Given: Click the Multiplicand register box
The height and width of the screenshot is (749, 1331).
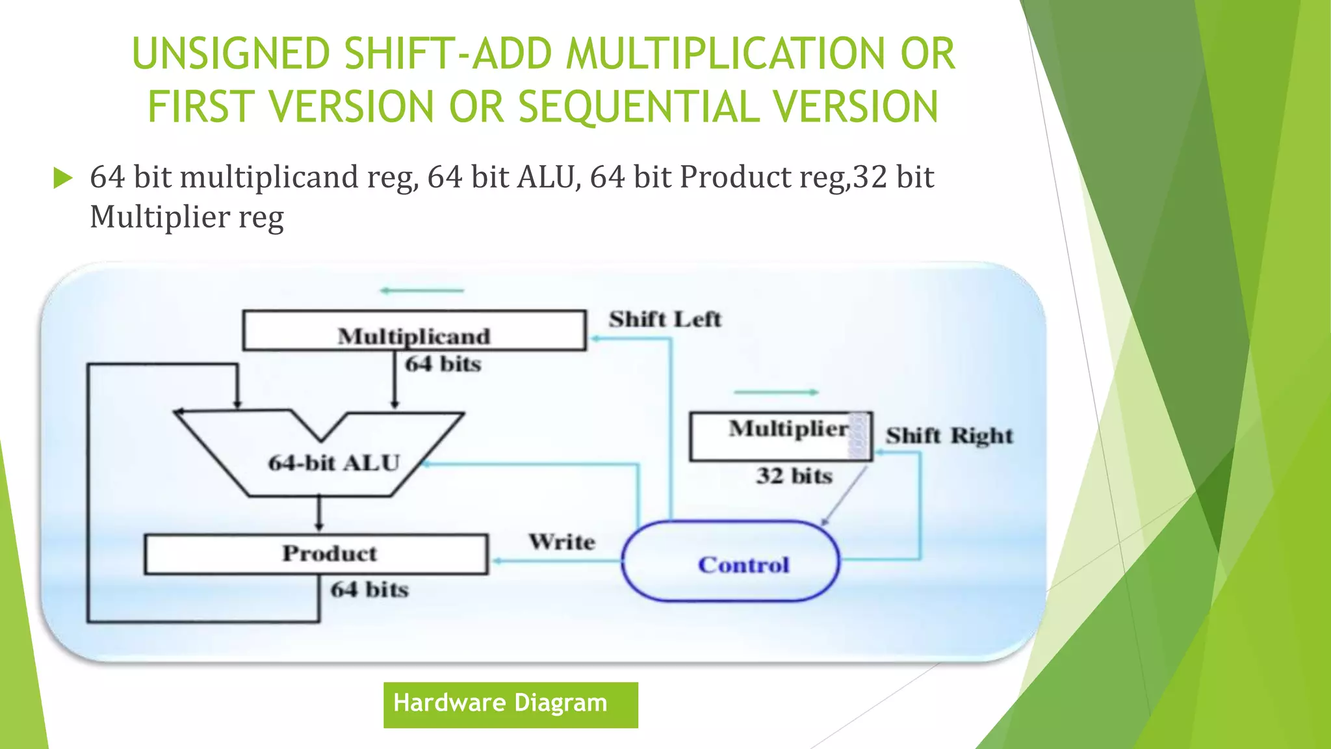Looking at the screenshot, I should point(414,330).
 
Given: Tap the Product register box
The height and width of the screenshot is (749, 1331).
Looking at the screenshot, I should point(316,554).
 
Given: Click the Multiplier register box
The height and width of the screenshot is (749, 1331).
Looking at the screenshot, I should point(780,436).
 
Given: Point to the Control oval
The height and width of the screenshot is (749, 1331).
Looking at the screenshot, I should point(730,561).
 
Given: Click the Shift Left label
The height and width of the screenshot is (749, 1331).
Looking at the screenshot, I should point(665,319).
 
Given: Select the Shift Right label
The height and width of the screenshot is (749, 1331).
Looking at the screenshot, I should point(949,436).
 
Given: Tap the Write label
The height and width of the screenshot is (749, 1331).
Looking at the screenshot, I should point(562,542).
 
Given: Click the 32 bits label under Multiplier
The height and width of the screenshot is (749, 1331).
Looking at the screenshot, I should point(794,476).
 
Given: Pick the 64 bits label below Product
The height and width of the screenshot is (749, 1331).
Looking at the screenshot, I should point(369,590).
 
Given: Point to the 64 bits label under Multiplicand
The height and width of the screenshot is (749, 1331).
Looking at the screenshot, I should point(443,364).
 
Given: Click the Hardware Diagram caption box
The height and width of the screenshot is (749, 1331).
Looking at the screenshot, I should point(510,705).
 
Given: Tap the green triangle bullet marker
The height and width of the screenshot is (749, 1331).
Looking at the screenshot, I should point(62,177).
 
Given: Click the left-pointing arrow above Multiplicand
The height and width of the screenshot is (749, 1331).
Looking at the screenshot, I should point(422,291).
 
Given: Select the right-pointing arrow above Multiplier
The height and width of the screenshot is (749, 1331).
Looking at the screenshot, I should point(776,392).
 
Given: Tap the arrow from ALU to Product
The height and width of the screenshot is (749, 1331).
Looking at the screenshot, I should point(318,514).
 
